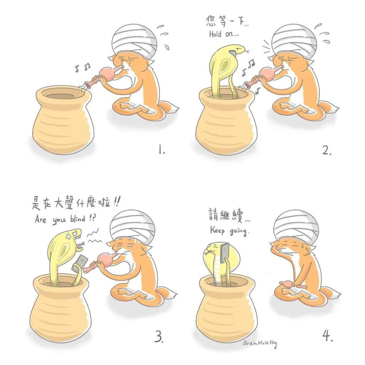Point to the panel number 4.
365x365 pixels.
tap(327, 335)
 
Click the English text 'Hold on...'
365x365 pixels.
tap(224, 34)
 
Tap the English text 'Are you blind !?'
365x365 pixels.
tap(65, 219)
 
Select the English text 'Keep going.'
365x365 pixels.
tap(229, 231)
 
